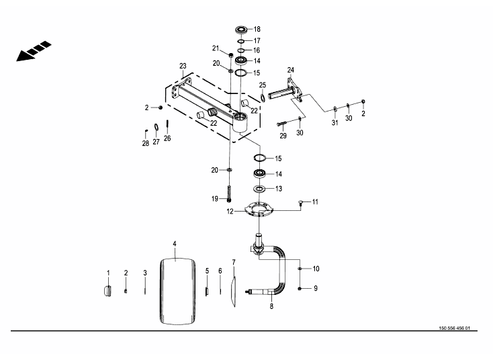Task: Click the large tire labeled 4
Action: point(177,291)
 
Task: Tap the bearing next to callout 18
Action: point(242,30)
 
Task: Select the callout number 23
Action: point(183,66)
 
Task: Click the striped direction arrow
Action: point(34,51)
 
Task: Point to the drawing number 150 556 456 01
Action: point(454,328)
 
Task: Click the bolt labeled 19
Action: point(229,193)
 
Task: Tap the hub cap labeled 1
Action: point(107,291)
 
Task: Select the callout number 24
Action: point(291,70)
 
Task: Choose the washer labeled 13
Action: point(259,189)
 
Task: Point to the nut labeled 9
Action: point(300,288)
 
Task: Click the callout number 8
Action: point(271,306)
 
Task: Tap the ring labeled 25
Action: point(262,97)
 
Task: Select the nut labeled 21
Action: point(230,56)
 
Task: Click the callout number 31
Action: point(335,123)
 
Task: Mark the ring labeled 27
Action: point(156,128)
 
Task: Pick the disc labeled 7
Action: point(232,291)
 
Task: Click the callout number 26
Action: point(167,138)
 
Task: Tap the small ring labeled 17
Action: point(241,41)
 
